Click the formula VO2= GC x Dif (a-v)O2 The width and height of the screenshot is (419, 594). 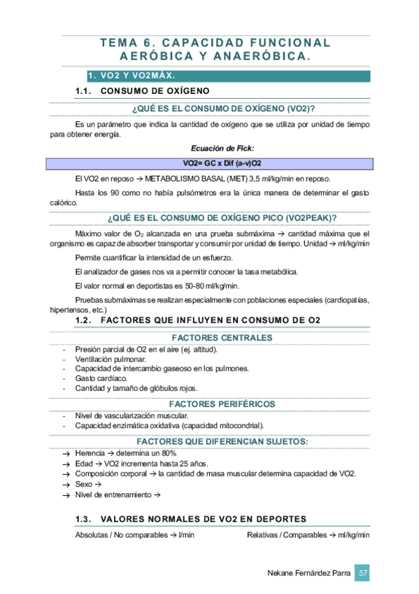222,163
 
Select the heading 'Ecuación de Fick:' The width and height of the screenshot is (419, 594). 222,148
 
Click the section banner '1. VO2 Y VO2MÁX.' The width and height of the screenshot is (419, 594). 131,75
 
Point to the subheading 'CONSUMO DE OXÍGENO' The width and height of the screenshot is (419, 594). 155,92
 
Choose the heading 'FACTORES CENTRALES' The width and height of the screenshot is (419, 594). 222,338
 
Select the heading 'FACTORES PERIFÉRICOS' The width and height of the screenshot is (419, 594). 222,404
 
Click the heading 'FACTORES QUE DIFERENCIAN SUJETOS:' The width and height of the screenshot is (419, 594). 222,441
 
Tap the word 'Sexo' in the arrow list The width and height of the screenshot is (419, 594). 84,484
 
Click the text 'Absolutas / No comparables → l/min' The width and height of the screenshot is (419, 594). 134,534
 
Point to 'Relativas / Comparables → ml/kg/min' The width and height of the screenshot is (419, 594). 308,534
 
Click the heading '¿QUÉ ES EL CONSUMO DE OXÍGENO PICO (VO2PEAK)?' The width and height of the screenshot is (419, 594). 222,217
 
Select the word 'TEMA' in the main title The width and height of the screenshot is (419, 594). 117,43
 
